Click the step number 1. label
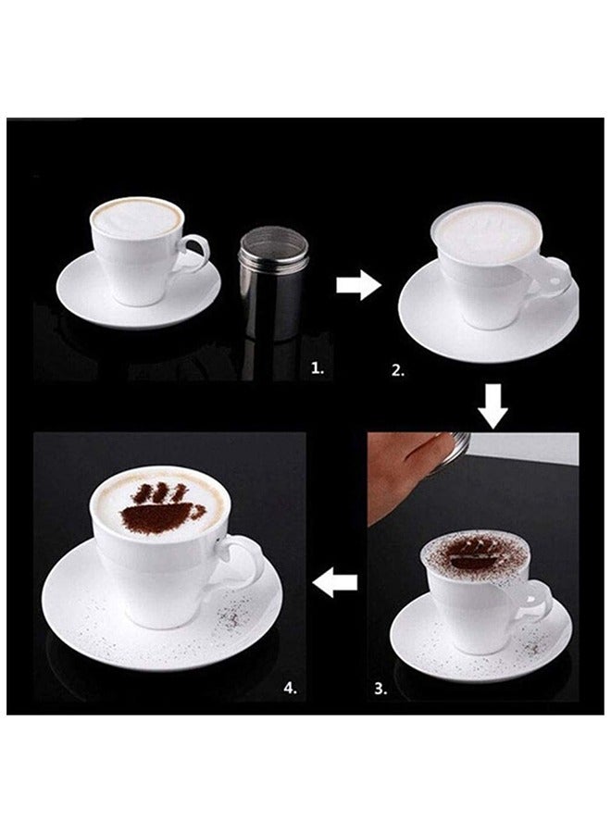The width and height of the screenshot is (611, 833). pyautogui.click(x=318, y=367)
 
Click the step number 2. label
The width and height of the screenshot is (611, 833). pyautogui.click(x=397, y=370)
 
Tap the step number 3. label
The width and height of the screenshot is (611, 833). pyautogui.click(x=380, y=689)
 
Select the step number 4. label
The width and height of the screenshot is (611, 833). pyautogui.click(x=289, y=689)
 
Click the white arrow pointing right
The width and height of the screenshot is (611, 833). pyautogui.click(x=357, y=286)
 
